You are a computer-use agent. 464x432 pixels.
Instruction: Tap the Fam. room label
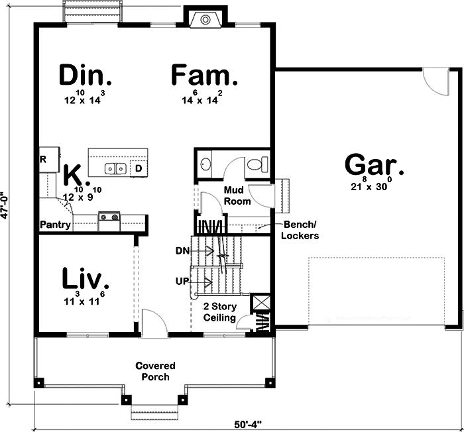click(x=204, y=76)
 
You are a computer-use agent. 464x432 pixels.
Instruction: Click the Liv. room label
click(x=85, y=278)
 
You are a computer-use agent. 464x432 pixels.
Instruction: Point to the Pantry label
click(x=55, y=225)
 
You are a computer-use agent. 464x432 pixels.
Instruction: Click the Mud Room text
click(x=237, y=195)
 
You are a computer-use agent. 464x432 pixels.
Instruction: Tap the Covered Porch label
click(x=155, y=371)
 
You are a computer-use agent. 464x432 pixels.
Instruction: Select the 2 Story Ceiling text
click(x=219, y=313)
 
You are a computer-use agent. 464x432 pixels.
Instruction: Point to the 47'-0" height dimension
click(x=5, y=205)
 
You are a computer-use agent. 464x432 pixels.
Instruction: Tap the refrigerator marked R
click(x=44, y=160)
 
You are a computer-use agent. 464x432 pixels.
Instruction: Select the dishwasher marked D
click(x=139, y=168)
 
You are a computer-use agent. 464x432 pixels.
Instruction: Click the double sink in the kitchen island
click(x=117, y=168)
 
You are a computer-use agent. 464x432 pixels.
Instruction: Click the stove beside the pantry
click(x=109, y=218)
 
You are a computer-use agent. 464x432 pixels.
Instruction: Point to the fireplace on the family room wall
click(x=202, y=19)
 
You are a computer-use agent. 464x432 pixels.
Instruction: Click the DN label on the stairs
click(x=183, y=250)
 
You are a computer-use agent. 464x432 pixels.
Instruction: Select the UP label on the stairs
click(x=183, y=282)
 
